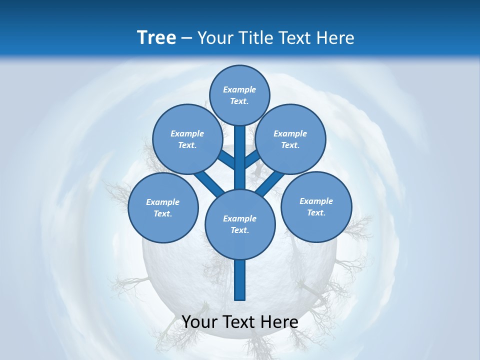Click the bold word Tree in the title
tap(156, 37)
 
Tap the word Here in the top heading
tap(335, 37)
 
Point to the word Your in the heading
tap(215, 37)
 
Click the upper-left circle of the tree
tap(187, 139)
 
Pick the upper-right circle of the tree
tap(290, 139)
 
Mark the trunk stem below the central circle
tap(240, 280)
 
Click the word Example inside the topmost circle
tap(239, 89)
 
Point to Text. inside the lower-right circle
tap(316, 212)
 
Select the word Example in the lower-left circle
tap(162, 202)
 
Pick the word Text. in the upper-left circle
tap(187, 145)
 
